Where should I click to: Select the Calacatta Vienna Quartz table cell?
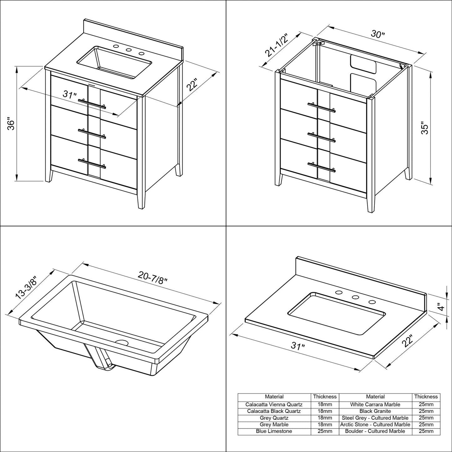click(274, 404)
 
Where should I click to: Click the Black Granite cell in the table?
click(375, 411)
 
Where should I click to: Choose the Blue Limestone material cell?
click(274, 431)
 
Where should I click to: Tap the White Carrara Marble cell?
click(375, 404)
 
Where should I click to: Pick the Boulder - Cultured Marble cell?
click(375, 431)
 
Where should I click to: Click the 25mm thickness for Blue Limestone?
click(325, 431)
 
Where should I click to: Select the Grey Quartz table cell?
click(274, 418)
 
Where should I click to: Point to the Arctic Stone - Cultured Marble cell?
click(375, 424)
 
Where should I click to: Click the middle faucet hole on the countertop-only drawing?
click(355, 297)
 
